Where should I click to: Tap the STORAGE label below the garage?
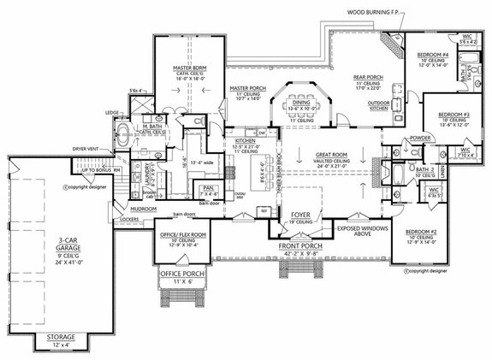click(60, 338)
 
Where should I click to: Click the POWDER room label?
click(396, 137)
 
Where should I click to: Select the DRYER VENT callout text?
click(88, 148)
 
